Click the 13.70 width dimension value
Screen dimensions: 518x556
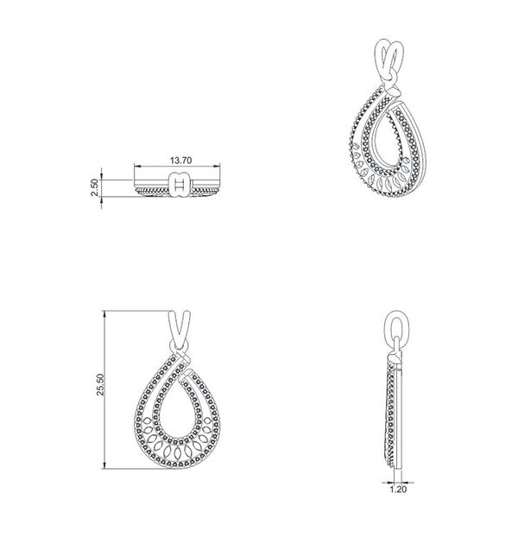180,161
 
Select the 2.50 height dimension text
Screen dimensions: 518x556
94,187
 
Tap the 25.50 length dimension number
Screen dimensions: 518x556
100,384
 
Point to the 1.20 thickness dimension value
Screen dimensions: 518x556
398,490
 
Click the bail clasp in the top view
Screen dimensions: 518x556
180,185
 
